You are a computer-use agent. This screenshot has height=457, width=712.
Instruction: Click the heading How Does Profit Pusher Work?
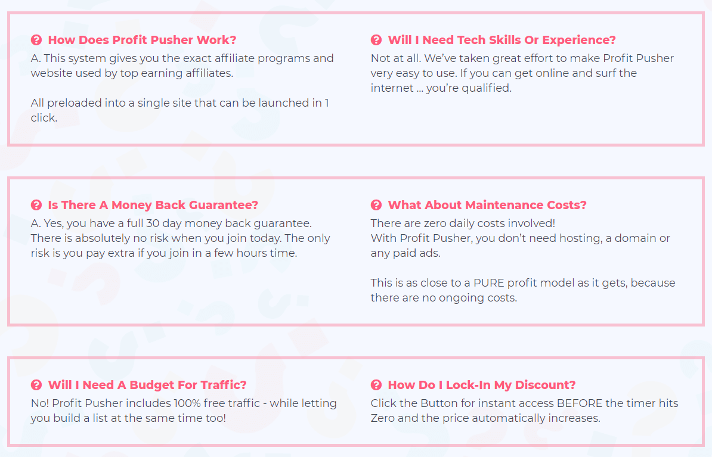142,40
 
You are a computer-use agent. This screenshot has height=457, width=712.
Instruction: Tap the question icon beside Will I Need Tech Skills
376,40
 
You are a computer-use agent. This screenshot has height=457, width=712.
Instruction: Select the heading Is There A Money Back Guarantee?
153,205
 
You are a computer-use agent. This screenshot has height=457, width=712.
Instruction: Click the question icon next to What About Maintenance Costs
376,205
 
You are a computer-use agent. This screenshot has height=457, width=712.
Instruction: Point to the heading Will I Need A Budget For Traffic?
147,385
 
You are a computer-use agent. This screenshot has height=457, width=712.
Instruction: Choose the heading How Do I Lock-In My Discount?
482,385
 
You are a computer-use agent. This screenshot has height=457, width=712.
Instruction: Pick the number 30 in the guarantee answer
153,223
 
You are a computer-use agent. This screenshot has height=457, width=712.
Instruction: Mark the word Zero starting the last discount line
382,418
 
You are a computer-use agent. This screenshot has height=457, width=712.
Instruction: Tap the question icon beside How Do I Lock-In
376,385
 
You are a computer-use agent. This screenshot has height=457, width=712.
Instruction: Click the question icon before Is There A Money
36,205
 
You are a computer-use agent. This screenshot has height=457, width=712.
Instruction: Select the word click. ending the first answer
44,118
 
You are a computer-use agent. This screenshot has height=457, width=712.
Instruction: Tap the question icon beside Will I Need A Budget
36,385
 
